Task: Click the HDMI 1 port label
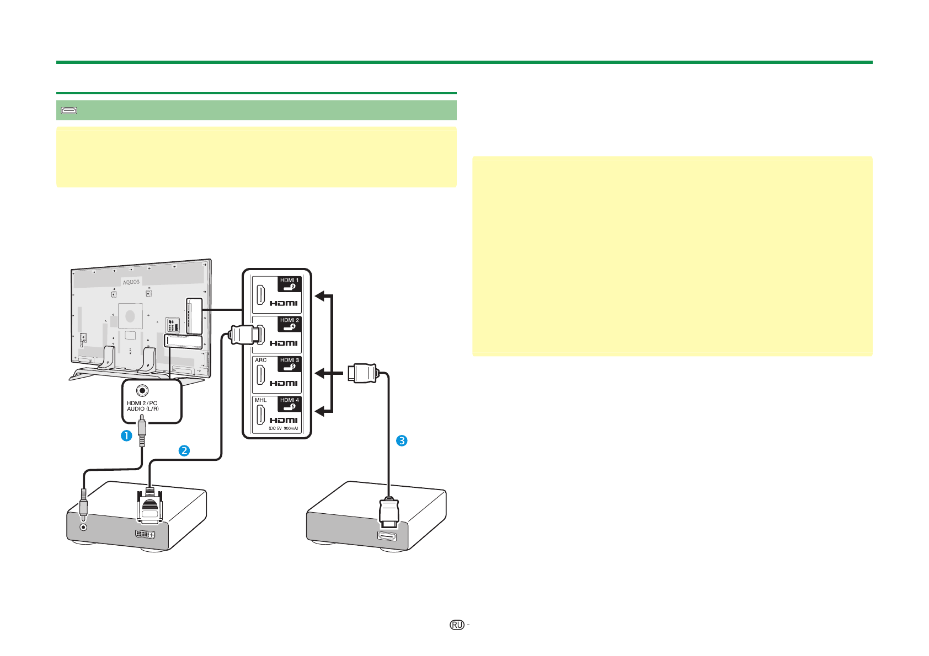[289, 280]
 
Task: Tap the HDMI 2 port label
[289, 320]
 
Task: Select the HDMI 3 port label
[289, 360]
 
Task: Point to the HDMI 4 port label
[289, 400]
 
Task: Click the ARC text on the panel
[261, 361]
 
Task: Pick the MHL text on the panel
[261, 400]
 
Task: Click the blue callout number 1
[126, 435]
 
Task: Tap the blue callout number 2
[184, 450]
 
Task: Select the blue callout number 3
[402, 440]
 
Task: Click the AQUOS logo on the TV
[131, 282]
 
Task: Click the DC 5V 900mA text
[283, 428]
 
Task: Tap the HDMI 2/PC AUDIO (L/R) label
[143, 406]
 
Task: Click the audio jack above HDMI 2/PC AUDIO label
[143, 390]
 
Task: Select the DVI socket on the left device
[145, 534]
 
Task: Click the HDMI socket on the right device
[387, 536]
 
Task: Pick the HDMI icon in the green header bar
[69, 111]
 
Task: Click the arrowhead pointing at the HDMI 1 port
[319, 296]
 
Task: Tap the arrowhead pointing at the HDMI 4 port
[319, 411]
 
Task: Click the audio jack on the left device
[84, 527]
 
